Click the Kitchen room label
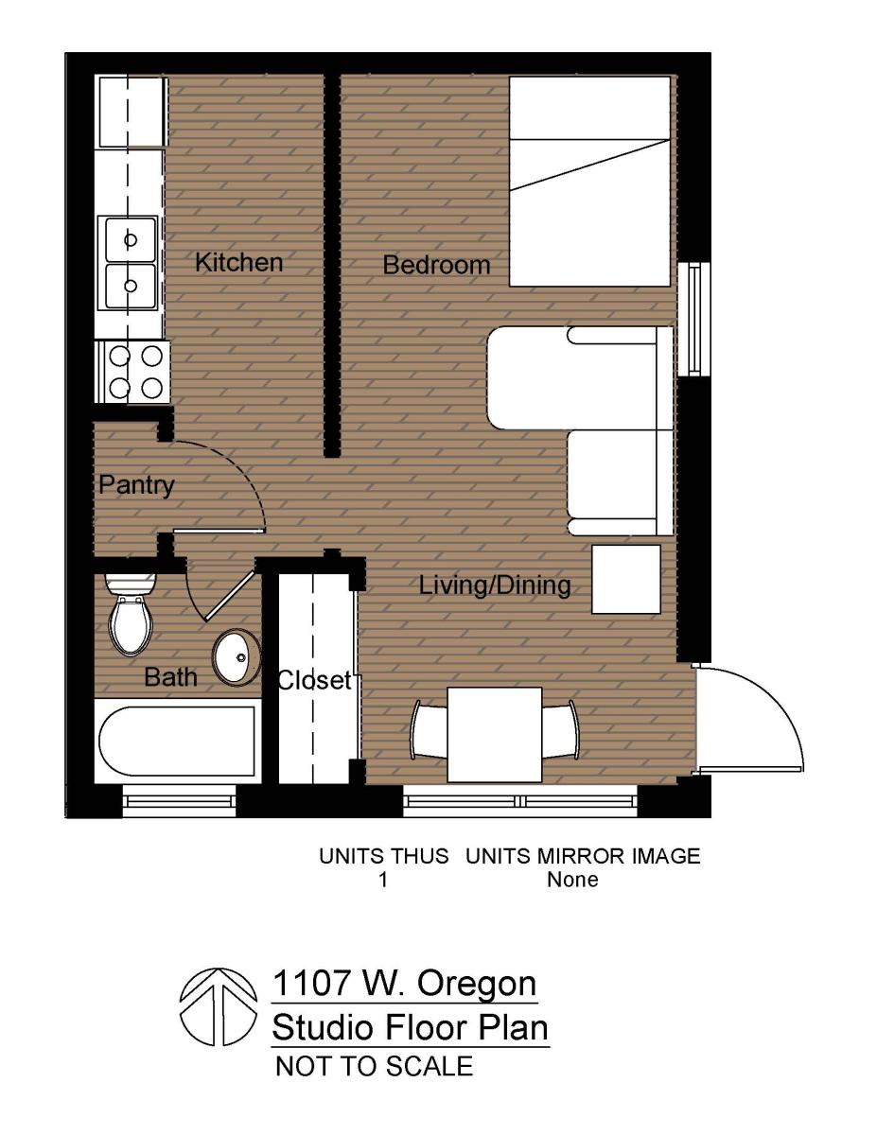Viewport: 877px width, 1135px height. coord(238,262)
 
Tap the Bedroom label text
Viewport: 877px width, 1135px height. coord(436,266)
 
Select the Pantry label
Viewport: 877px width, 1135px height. coord(137,486)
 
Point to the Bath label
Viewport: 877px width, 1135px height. coord(171,677)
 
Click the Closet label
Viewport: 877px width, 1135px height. coord(314,680)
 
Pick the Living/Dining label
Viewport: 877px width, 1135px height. coord(495,586)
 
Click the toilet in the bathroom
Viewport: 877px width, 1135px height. coord(131,618)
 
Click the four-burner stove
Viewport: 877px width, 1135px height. coord(134,372)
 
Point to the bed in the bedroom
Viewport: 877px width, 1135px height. coord(589,181)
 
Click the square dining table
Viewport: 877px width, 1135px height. coord(494,735)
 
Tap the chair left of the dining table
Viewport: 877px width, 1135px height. coord(427,730)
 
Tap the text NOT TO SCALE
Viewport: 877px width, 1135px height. coord(373,1067)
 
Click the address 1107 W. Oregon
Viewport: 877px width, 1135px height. coord(404,984)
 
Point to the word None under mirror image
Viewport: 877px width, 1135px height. coord(572,880)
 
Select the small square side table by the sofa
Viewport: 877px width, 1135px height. coord(625,580)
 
